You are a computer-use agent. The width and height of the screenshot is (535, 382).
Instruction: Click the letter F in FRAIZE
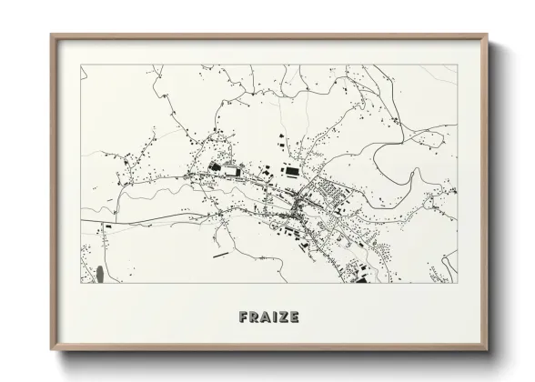point(244,318)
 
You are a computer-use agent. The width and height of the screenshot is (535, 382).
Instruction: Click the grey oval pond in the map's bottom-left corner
point(96,271)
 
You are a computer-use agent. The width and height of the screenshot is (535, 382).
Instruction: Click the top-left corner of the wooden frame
point(51,35)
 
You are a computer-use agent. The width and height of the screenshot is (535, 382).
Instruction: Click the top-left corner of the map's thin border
point(81,64)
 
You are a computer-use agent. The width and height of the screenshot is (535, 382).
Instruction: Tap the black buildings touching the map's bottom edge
point(359,279)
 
